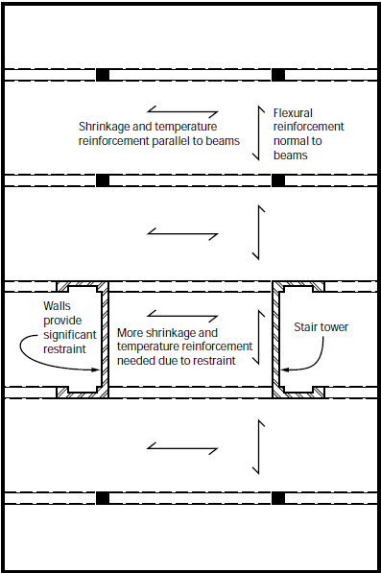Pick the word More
pos(131,332)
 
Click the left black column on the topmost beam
pos(102,75)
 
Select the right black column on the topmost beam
pos(278,75)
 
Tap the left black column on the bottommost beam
pos(102,498)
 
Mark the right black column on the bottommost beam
pos(278,498)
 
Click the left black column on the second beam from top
pos(102,179)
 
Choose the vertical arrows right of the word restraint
pos(257,337)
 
